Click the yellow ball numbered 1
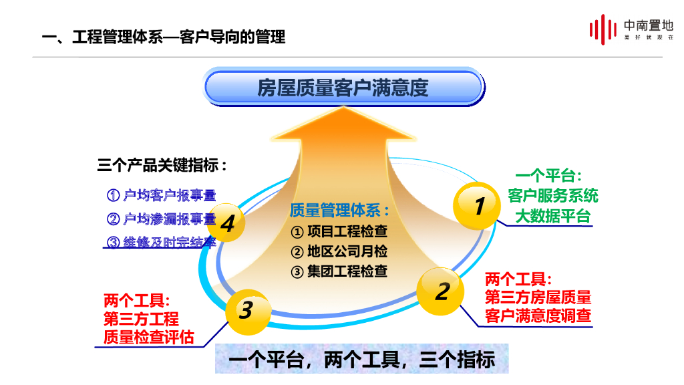point(476,206)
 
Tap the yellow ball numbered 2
point(440,291)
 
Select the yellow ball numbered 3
point(248,311)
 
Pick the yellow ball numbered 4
point(226,223)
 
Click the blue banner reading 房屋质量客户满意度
point(344,88)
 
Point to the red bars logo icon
point(603,29)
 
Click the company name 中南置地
point(648,25)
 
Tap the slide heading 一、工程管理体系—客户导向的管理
point(164,37)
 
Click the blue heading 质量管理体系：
point(339,211)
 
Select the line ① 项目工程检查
point(339,231)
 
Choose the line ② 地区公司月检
point(339,251)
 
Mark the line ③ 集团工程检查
point(339,271)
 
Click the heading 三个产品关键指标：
point(162,166)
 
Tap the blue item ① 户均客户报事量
point(162,195)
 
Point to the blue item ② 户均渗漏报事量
point(162,219)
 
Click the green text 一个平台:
point(549,176)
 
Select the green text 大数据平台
point(553,216)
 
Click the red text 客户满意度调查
point(538,315)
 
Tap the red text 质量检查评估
point(149,338)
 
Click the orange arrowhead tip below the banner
point(343,108)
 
